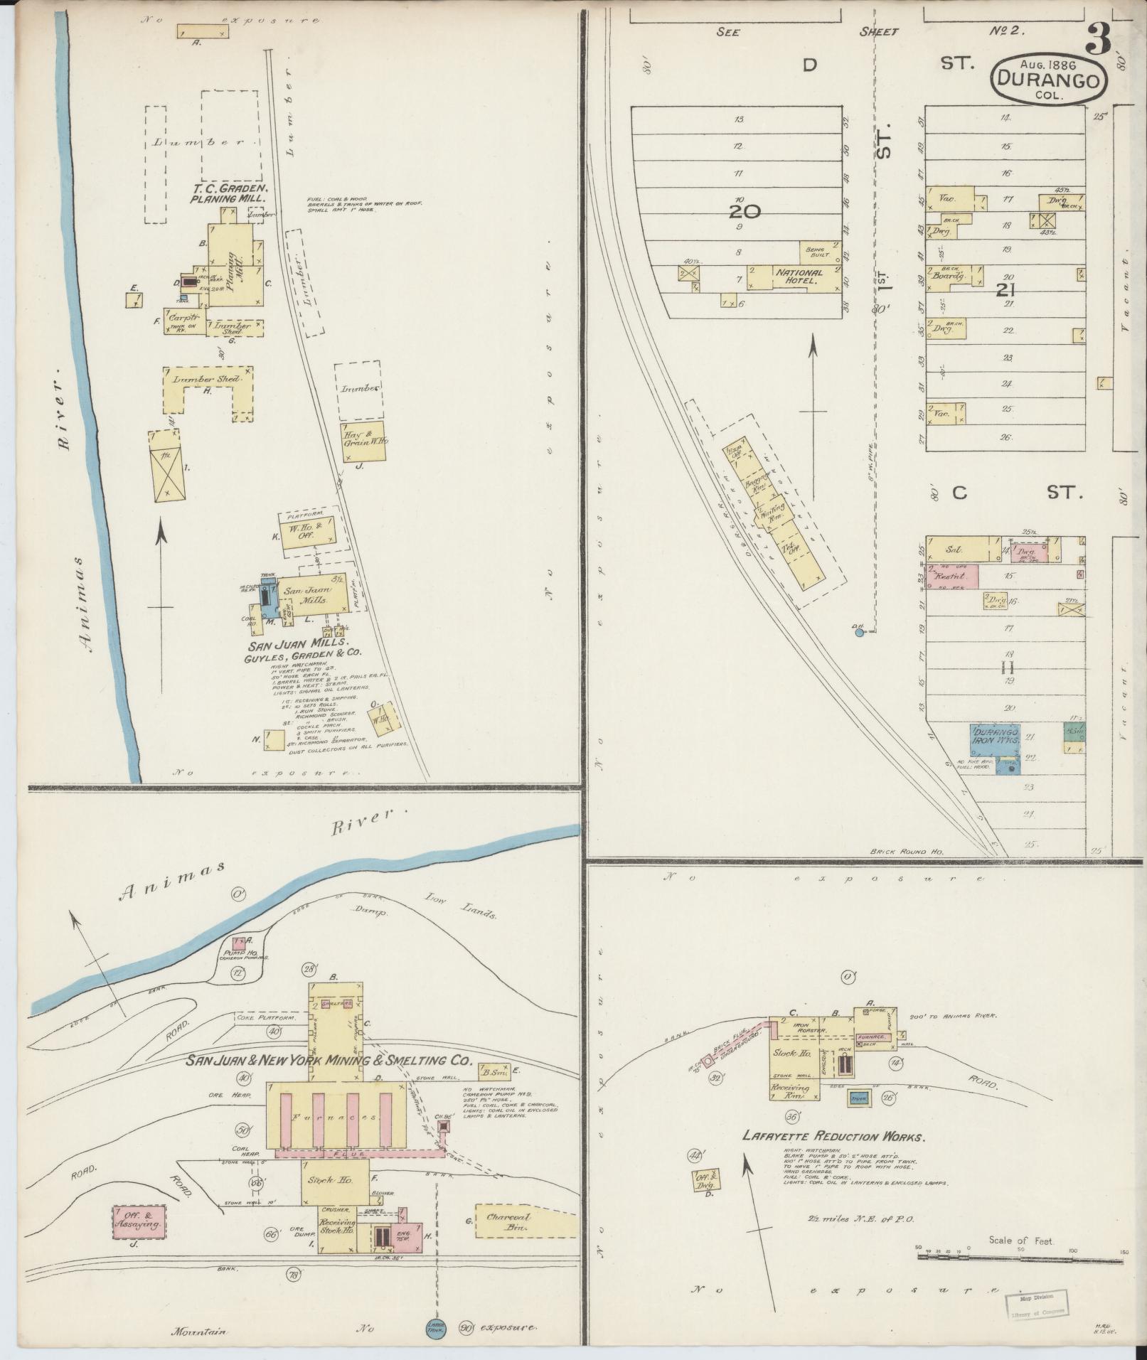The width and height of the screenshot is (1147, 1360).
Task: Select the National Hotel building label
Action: (x=799, y=277)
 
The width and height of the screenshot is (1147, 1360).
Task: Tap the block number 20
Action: (x=744, y=211)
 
